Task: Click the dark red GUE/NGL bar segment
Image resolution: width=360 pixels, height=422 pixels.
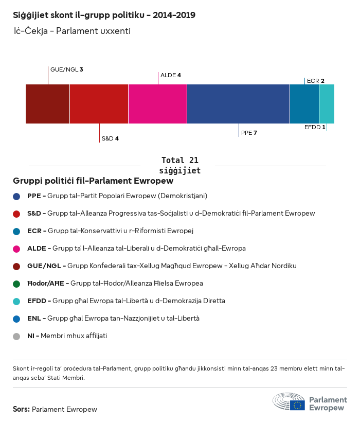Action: [x=47, y=104]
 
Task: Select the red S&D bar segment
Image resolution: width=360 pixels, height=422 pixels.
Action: [x=99, y=104]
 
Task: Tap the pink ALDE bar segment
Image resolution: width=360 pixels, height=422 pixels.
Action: [x=157, y=104]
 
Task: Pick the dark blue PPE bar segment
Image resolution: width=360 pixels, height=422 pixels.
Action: [x=238, y=104]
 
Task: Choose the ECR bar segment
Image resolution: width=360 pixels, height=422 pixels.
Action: [x=304, y=104]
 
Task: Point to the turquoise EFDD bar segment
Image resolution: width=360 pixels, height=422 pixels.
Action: [x=327, y=104]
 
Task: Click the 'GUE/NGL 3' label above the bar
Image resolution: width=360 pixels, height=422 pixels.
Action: [x=66, y=69]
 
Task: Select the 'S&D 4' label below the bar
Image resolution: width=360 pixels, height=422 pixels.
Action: [x=110, y=138]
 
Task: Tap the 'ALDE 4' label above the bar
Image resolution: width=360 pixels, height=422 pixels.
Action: [x=171, y=75]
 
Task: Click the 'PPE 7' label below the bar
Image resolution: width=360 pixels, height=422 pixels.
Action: [x=249, y=133]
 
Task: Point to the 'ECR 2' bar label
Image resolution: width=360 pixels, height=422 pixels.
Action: [x=315, y=81]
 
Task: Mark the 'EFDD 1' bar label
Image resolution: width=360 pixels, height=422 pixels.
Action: [x=315, y=127]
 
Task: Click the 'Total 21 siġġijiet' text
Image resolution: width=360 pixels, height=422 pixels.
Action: [x=179, y=165]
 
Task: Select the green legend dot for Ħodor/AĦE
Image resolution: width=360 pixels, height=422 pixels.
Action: [x=16, y=284]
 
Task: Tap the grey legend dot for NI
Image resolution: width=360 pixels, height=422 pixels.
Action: [x=16, y=336]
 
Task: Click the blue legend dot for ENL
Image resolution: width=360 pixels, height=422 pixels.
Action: [x=16, y=319]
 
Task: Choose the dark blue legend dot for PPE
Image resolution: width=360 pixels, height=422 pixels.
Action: [x=16, y=196]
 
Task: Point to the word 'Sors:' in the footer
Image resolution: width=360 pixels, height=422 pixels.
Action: [x=21, y=410]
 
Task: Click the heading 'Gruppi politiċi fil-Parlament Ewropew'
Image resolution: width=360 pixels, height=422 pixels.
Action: [x=93, y=181]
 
